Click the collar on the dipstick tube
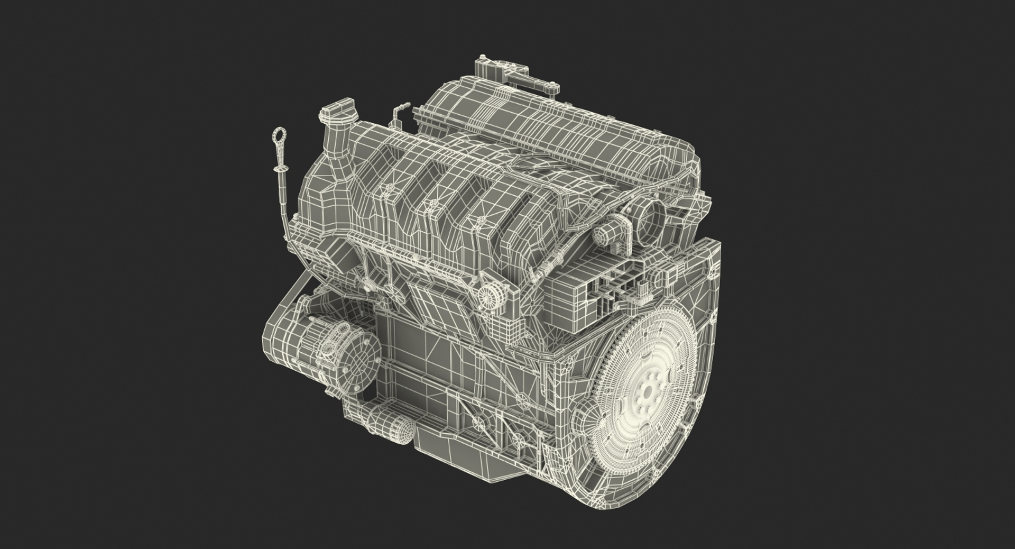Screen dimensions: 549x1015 tap(275, 170)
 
